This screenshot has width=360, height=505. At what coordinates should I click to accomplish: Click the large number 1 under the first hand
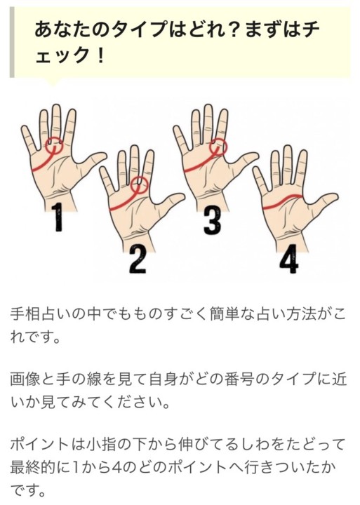click(x=58, y=217)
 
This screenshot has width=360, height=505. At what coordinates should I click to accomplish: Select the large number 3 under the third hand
click(x=213, y=220)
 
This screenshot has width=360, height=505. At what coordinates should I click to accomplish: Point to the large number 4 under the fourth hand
click(x=289, y=262)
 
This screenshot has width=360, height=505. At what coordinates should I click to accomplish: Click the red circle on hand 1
click(x=46, y=146)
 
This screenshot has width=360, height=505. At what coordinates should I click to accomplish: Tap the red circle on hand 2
click(x=131, y=185)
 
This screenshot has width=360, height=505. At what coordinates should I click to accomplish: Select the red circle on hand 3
click(x=210, y=147)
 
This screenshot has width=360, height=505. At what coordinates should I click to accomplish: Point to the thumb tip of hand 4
click(x=335, y=196)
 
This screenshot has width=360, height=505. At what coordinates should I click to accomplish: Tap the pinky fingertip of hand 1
click(x=25, y=128)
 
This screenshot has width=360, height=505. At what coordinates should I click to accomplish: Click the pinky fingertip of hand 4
click(x=256, y=169)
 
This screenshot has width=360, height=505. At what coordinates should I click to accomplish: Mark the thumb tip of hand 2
click(x=182, y=196)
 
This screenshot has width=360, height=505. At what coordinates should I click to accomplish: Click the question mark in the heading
click(x=235, y=29)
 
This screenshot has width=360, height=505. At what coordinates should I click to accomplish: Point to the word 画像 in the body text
click(x=25, y=379)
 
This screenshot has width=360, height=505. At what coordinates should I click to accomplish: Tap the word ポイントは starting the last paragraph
click(x=48, y=445)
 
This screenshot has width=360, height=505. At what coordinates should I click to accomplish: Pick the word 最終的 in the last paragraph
click(x=33, y=467)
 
